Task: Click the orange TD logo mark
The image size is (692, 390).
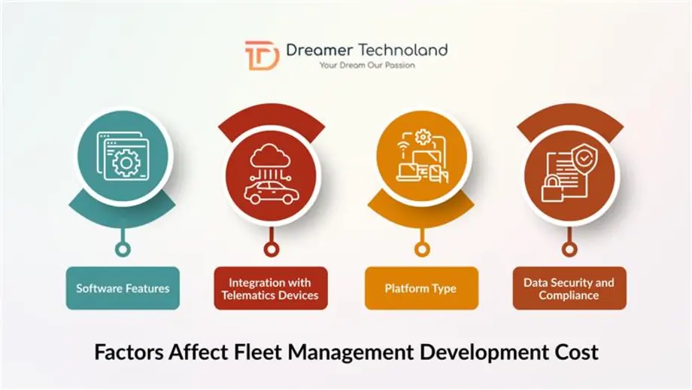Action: coord(261,56)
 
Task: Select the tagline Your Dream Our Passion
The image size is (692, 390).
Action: coord(366,66)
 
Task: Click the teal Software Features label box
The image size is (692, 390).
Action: coord(123,288)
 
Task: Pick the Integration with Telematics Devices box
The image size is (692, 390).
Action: coord(270,288)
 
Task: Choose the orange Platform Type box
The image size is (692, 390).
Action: coord(420,288)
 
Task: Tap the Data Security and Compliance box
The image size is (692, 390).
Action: coord(569,288)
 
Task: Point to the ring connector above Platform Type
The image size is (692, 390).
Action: coord(421,247)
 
